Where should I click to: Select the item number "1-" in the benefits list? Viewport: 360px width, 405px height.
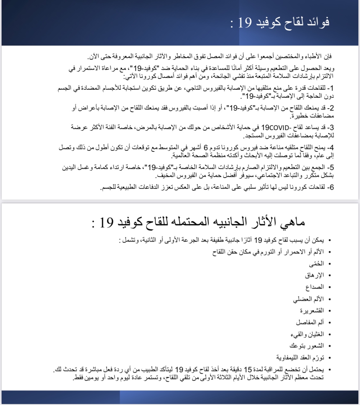[331, 88]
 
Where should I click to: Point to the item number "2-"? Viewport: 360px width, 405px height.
[331, 108]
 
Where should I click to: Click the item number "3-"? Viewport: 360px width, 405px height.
[331, 128]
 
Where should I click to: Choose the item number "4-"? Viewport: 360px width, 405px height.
[331, 148]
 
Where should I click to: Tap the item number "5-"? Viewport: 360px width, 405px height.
[331, 167]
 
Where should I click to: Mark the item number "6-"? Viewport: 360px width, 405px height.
[331, 187]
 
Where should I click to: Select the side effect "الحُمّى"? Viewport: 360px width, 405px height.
[316, 264]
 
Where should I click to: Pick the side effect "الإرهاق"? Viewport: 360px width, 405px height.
[315, 275]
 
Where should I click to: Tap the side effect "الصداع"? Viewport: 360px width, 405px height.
[315, 287]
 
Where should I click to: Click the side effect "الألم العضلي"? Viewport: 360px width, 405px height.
[308, 299]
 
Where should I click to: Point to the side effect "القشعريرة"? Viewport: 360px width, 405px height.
[312, 311]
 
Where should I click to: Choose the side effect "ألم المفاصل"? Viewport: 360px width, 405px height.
[310, 322]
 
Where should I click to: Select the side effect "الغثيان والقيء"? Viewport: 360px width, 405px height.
[307, 334]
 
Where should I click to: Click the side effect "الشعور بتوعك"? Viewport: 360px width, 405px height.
[307, 346]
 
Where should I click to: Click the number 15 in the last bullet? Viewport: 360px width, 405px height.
[248, 370]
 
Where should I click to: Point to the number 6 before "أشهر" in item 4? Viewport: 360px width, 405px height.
[206, 148]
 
